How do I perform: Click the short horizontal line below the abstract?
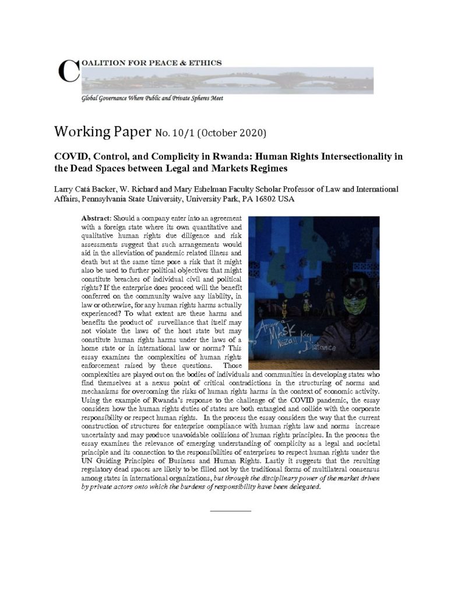point(230,510)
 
